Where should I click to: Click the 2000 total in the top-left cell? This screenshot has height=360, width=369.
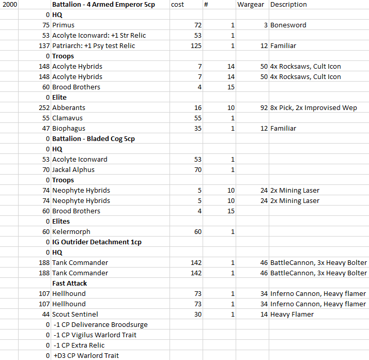[9, 5]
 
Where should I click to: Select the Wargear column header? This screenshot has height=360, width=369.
[251, 5]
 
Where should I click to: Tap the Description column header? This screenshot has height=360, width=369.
[288, 5]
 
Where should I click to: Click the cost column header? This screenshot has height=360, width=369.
[177, 5]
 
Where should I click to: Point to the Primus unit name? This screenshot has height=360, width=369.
[63, 25]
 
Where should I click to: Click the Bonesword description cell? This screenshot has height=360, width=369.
[288, 25]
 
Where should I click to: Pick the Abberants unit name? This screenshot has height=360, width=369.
[69, 108]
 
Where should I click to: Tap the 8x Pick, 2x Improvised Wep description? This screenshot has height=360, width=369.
[313, 108]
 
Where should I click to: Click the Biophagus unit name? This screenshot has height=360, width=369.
[69, 129]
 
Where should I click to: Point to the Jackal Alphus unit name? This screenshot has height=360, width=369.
[73, 170]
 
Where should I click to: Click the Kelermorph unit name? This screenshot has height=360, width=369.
[71, 232]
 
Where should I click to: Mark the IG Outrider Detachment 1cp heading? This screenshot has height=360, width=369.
[97, 242]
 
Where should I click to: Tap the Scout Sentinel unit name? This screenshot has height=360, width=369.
[75, 315]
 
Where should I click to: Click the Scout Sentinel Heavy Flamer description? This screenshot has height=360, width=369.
[292, 315]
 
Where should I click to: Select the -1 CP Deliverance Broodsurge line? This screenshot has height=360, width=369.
[100, 325]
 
